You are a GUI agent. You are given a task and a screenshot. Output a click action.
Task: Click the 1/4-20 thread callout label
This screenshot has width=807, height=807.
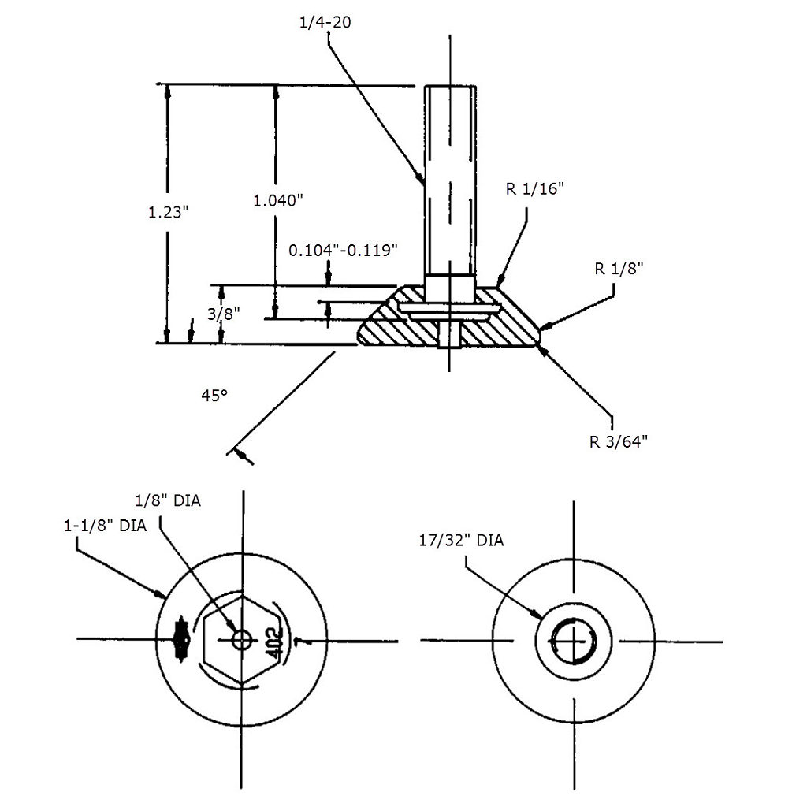[x=325, y=22]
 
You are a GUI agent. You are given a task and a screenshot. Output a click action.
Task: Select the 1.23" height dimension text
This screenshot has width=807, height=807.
[x=169, y=211]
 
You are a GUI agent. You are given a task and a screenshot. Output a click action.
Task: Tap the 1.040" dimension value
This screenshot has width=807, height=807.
[x=278, y=200]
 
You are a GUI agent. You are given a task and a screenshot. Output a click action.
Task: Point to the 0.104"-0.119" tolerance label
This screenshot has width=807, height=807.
[x=343, y=250]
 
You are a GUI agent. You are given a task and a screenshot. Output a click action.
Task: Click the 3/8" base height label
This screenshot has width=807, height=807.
[x=224, y=314]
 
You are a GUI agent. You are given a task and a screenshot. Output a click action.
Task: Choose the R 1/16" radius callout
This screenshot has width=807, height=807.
[x=535, y=189]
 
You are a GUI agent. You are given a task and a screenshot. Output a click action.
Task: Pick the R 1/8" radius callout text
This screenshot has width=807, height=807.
[x=619, y=268]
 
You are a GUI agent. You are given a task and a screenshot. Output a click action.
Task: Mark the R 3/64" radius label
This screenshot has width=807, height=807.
[x=618, y=441]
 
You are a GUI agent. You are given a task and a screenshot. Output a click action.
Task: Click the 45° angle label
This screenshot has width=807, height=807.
[x=214, y=396]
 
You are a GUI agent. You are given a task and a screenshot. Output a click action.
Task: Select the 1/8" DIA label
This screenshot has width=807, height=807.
[x=168, y=500]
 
